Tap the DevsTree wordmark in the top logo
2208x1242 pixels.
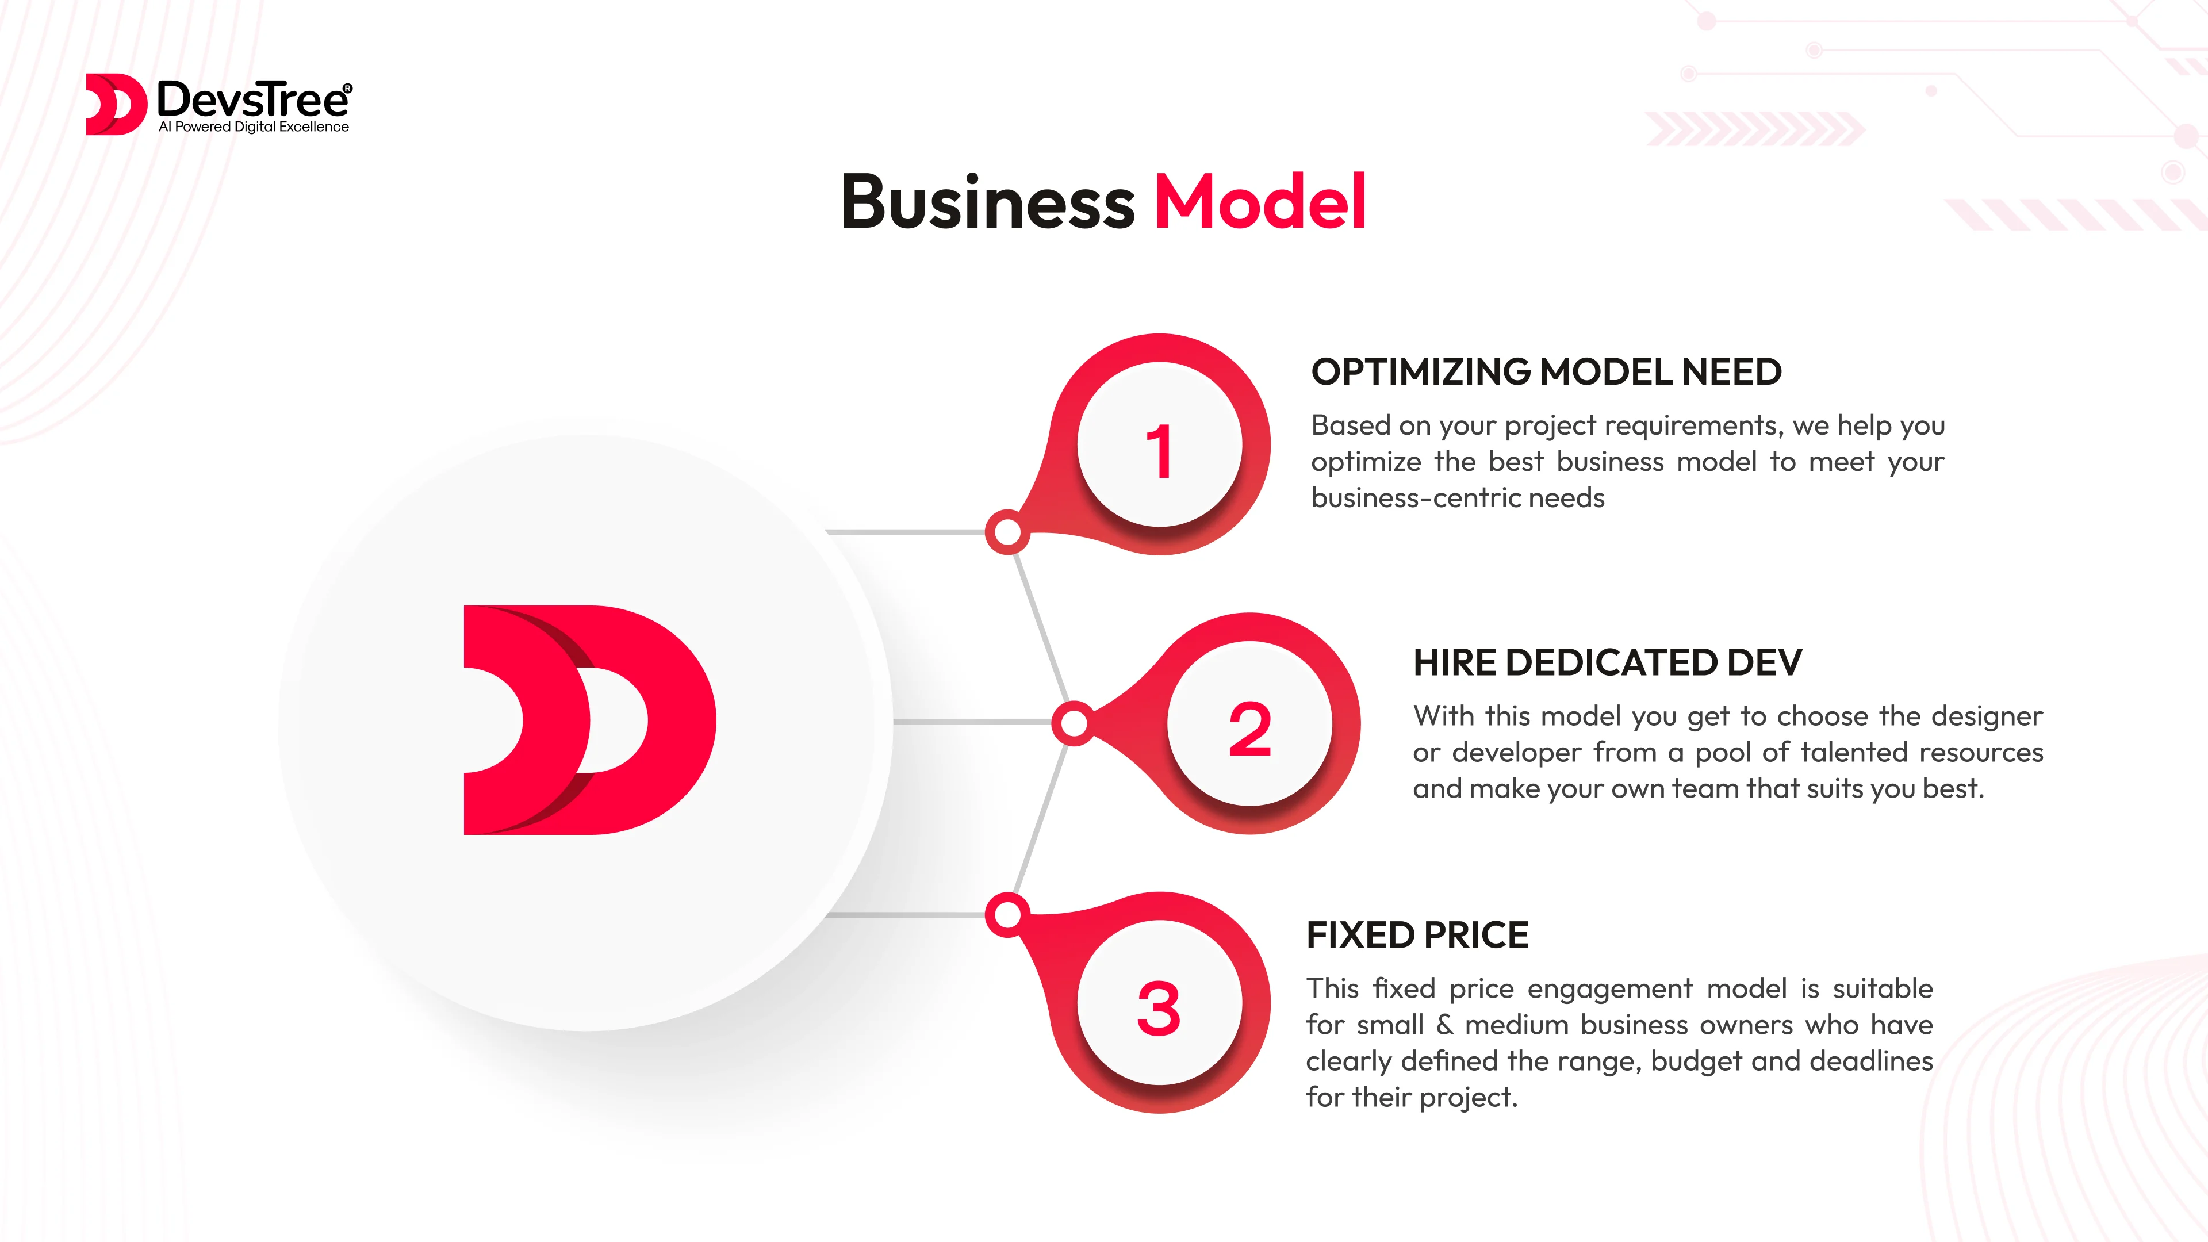pyautogui.click(x=254, y=99)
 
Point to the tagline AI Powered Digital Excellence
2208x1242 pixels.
pyautogui.click(x=254, y=127)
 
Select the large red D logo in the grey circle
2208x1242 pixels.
pyautogui.click(x=590, y=720)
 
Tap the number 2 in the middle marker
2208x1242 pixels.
pyautogui.click(x=1249, y=730)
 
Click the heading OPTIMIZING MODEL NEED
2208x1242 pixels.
pyautogui.click(x=1546, y=372)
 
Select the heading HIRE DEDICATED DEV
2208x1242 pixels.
pyautogui.click(x=1607, y=662)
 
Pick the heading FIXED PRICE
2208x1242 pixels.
pyautogui.click(x=1417, y=935)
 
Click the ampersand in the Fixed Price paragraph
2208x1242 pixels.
pyautogui.click(x=1444, y=1025)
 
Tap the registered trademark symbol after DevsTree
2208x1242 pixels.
pyautogui.click(x=347, y=87)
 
